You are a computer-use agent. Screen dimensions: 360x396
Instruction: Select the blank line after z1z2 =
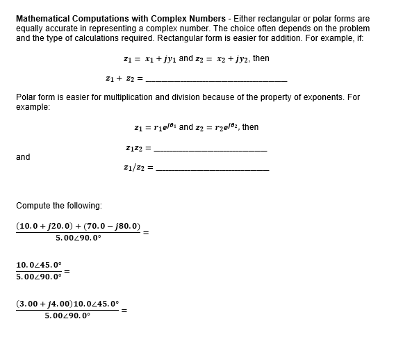(x=210, y=151)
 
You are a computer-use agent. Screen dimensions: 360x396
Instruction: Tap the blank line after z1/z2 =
(x=212, y=170)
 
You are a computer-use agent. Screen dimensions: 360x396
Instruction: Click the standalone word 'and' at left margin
(x=23, y=157)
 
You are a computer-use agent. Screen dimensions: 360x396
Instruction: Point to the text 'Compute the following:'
(x=58, y=206)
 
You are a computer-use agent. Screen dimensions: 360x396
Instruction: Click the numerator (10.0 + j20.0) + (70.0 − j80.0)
(x=79, y=227)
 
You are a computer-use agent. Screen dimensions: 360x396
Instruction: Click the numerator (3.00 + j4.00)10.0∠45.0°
(x=67, y=304)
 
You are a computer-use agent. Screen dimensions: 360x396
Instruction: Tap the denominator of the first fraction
(x=79, y=238)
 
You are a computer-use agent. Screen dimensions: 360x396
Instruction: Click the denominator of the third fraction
(x=67, y=316)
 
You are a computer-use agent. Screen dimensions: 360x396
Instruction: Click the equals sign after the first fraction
(x=146, y=233)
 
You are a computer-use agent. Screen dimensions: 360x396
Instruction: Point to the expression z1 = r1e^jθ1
(x=155, y=128)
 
